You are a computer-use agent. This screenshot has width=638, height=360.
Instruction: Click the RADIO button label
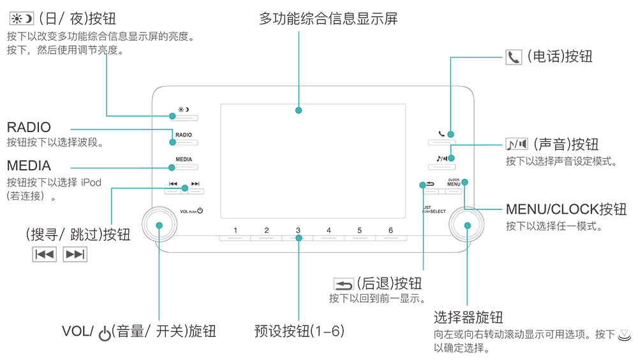[x=183, y=136]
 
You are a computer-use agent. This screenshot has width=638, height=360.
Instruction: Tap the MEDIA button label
[x=184, y=159]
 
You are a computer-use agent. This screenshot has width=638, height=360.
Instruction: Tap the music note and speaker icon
[x=442, y=158]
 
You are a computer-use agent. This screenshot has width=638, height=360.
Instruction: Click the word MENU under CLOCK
[x=454, y=184]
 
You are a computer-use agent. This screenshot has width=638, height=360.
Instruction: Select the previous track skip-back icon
[x=173, y=184]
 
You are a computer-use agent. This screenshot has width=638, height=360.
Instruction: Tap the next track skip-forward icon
[x=195, y=184]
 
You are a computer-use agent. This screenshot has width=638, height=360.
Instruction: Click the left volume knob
[x=158, y=225]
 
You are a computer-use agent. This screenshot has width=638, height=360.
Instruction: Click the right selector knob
[x=467, y=225]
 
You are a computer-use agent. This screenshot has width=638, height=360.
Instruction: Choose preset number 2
[x=267, y=230]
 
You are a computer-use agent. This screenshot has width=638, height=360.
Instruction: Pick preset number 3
[x=298, y=230]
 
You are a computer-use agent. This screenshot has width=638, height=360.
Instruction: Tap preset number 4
[x=329, y=230]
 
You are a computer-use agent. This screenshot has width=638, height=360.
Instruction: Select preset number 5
[x=359, y=230]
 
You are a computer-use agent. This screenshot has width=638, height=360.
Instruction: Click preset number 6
[x=390, y=230]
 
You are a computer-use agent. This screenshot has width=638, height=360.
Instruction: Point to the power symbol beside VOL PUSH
[x=200, y=210]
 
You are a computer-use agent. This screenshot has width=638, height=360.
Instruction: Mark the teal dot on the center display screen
[x=298, y=110]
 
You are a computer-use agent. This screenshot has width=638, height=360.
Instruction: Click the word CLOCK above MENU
[x=454, y=179]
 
